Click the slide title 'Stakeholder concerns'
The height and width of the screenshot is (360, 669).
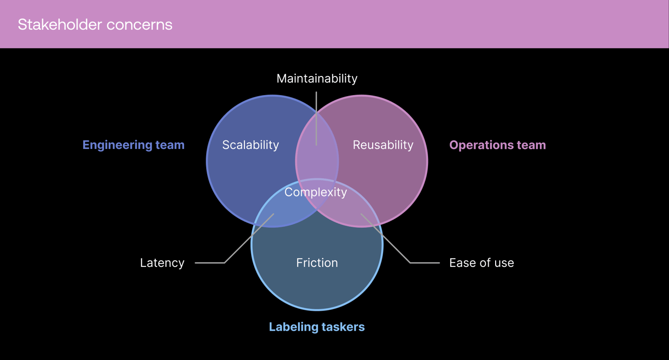pyautogui.click(x=95, y=24)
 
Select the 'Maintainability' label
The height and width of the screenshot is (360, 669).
pyautogui.click(x=317, y=78)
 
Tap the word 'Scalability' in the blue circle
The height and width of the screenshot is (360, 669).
pyautogui.click(x=250, y=145)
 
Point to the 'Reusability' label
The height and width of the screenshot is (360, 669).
pyautogui.click(x=383, y=145)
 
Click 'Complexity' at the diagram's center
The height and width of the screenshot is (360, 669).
pyautogui.click(x=315, y=192)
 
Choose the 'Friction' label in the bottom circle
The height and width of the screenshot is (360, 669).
pyautogui.click(x=317, y=263)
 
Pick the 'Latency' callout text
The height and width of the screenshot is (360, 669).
pyautogui.click(x=162, y=263)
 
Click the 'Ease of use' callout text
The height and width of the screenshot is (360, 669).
pyautogui.click(x=481, y=263)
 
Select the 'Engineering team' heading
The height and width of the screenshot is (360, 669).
pyautogui.click(x=133, y=145)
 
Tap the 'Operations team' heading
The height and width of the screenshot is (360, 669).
pyautogui.click(x=497, y=145)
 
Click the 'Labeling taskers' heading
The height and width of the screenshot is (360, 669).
pyautogui.click(x=317, y=327)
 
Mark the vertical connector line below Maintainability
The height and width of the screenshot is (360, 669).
pyautogui.click(x=316, y=118)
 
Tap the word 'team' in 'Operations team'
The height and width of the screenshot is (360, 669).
pyautogui.click(x=531, y=145)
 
